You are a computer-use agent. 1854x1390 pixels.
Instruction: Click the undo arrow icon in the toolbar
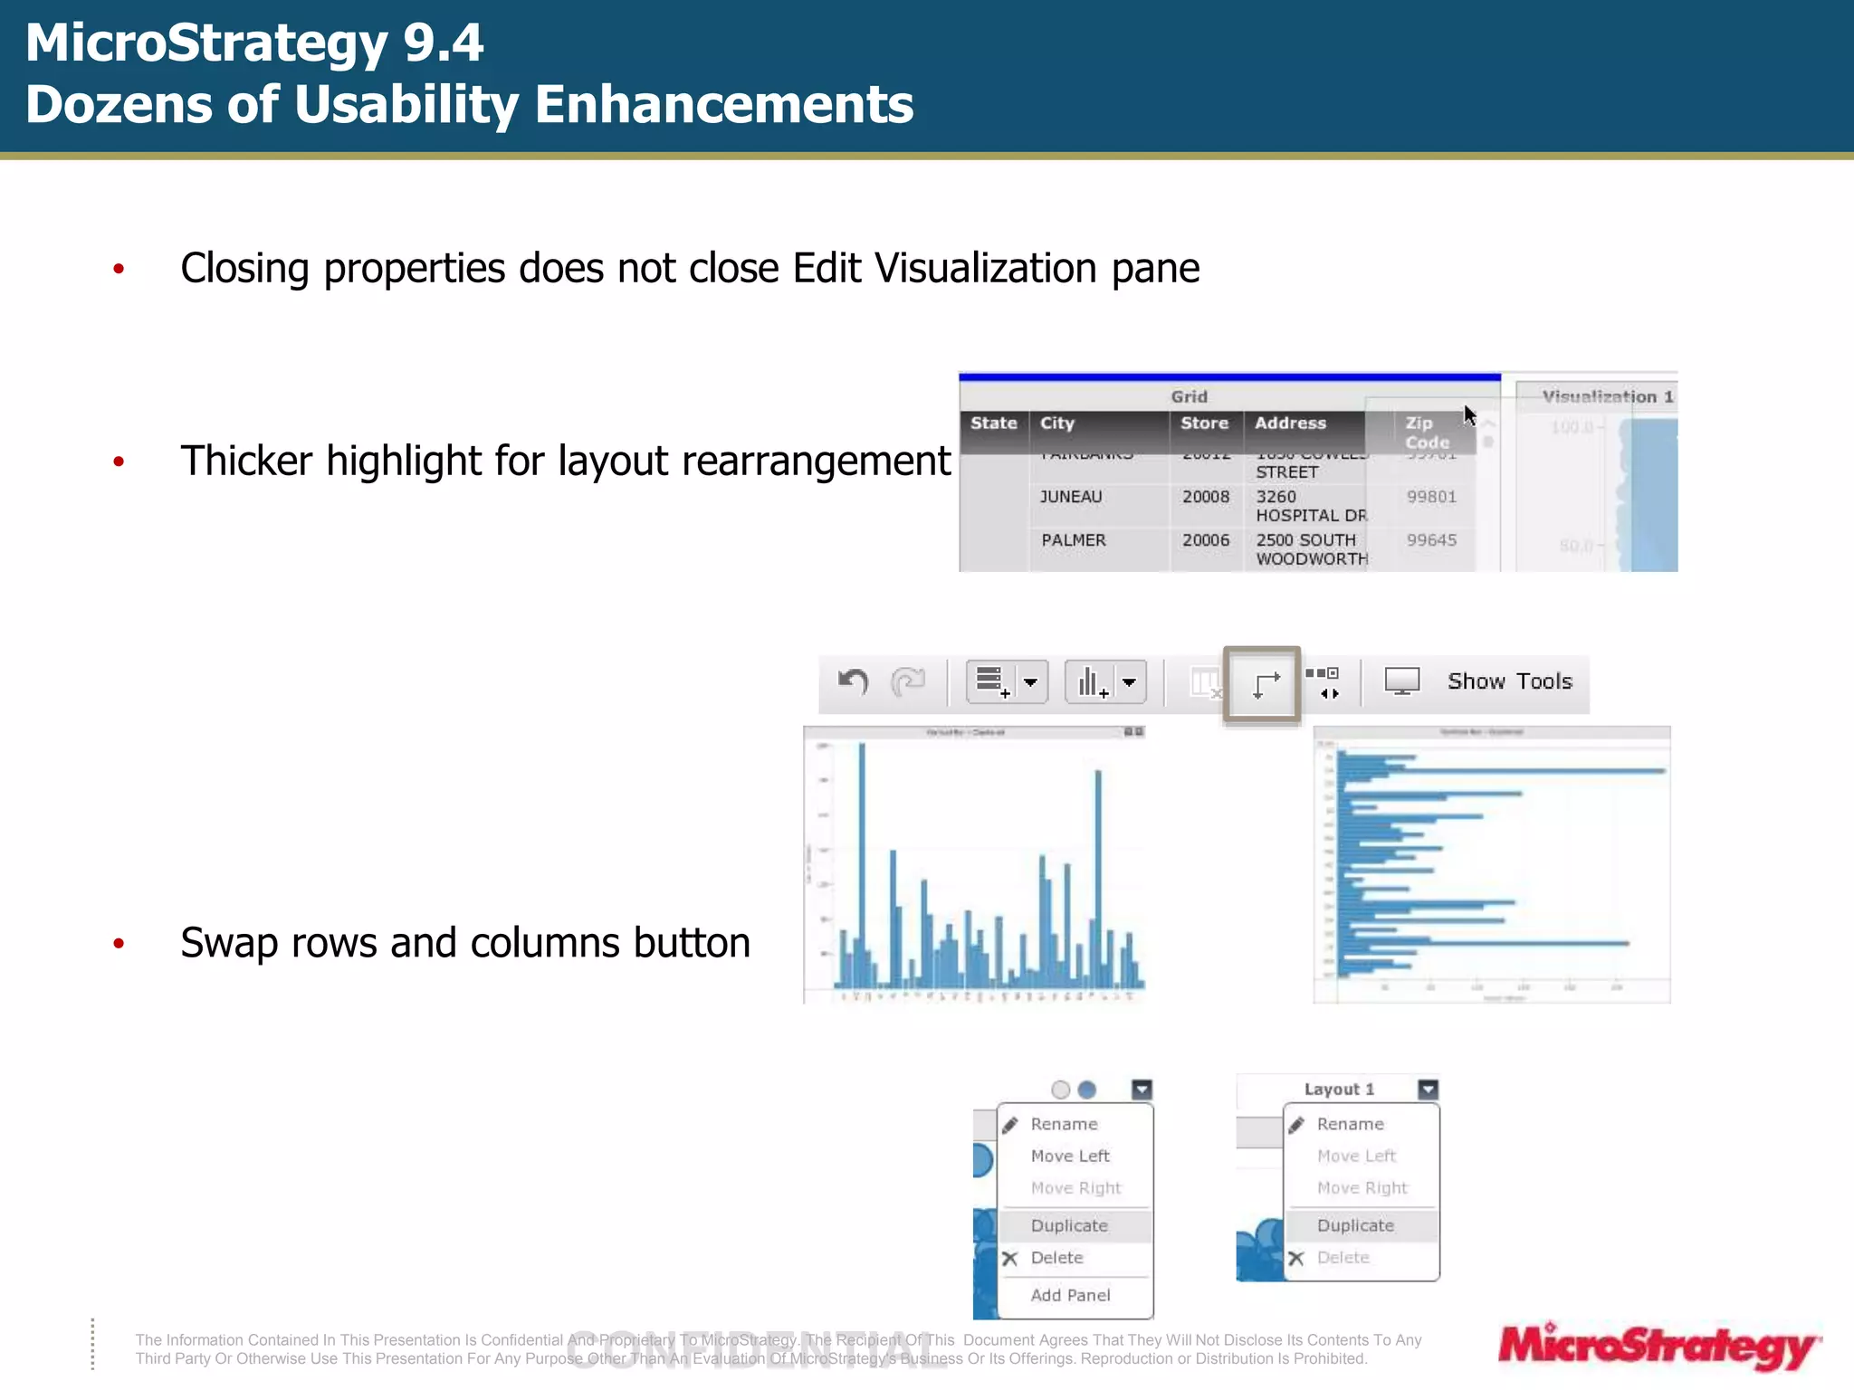pyautogui.click(x=853, y=681)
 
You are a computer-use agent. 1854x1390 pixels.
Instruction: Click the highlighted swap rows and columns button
pyautogui.click(x=1263, y=684)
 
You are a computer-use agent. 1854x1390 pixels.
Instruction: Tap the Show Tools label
pyautogui.click(x=1509, y=681)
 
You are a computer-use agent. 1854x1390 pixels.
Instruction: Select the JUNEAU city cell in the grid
pyautogui.click(x=1071, y=497)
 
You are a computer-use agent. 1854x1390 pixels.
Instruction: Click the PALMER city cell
pyautogui.click(x=1073, y=540)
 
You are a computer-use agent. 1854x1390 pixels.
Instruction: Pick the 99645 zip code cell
pyautogui.click(x=1431, y=540)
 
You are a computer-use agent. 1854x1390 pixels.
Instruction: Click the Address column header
pyautogui.click(x=1290, y=423)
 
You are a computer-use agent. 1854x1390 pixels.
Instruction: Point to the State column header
pyautogui.click(x=993, y=423)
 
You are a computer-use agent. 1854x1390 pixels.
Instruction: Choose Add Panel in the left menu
pyautogui.click(x=1070, y=1295)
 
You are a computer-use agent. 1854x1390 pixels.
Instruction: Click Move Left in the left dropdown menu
pyautogui.click(x=1070, y=1156)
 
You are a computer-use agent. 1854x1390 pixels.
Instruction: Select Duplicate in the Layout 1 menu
pyautogui.click(x=1355, y=1225)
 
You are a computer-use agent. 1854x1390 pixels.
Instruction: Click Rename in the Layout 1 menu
pyautogui.click(x=1350, y=1124)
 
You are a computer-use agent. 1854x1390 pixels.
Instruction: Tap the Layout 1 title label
pyautogui.click(x=1339, y=1090)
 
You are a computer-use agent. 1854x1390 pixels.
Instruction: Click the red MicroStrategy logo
pyautogui.click(x=1658, y=1347)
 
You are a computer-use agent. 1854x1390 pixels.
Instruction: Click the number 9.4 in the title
pyautogui.click(x=443, y=43)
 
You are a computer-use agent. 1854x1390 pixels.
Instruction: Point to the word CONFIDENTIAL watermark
pyautogui.click(x=757, y=1350)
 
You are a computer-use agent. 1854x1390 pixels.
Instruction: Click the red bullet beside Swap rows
pyautogui.click(x=119, y=944)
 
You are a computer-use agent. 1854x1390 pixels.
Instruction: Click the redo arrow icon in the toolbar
pyautogui.click(x=908, y=681)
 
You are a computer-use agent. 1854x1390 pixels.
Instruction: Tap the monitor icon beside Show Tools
pyautogui.click(x=1402, y=681)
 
